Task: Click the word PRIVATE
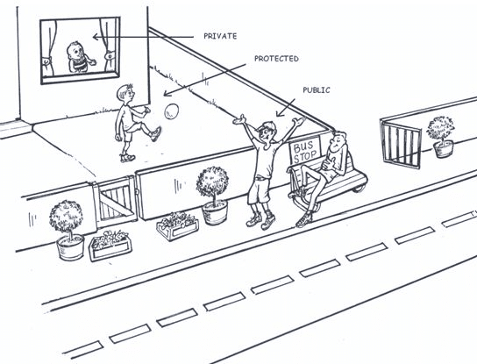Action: pyautogui.click(x=220, y=36)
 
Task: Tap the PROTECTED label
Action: pyautogui.click(x=276, y=59)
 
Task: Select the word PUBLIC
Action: pyautogui.click(x=317, y=90)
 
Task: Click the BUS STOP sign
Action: pyautogui.click(x=305, y=151)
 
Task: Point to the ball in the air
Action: pyautogui.click(x=172, y=111)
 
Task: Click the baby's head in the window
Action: pyautogui.click(x=75, y=52)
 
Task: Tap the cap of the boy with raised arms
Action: pyautogui.click(x=267, y=126)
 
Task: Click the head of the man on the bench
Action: pyautogui.click(x=338, y=140)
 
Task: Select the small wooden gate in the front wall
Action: pyautogui.click(x=115, y=201)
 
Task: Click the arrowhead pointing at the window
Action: pyautogui.click(x=96, y=37)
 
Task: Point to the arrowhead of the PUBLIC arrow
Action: pyautogui.click(x=279, y=113)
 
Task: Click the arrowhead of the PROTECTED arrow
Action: pyautogui.click(x=167, y=93)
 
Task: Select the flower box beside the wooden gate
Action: pyautogui.click(x=110, y=246)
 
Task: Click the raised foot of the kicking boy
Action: pyautogui.click(x=155, y=134)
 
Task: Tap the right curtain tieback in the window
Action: pyautogui.click(x=110, y=56)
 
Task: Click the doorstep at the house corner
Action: pyautogui.click(x=15, y=128)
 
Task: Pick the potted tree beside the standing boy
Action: pyautogui.click(x=213, y=195)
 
